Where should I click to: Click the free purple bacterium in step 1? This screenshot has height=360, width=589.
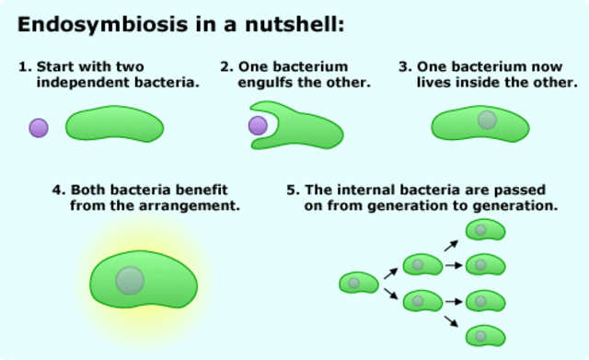click(x=39, y=128)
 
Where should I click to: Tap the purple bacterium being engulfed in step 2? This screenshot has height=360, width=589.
click(x=259, y=125)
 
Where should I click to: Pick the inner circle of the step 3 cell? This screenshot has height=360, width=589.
click(x=487, y=120)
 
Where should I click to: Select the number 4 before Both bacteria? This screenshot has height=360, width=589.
click(x=58, y=190)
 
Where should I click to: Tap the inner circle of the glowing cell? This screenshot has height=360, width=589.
click(x=130, y=280)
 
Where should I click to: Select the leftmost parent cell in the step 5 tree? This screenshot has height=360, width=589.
click(x=358, y=284)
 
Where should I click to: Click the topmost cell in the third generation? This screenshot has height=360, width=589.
click(x=485, y=230)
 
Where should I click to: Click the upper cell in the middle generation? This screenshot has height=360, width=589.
click(x=422, y=265)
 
